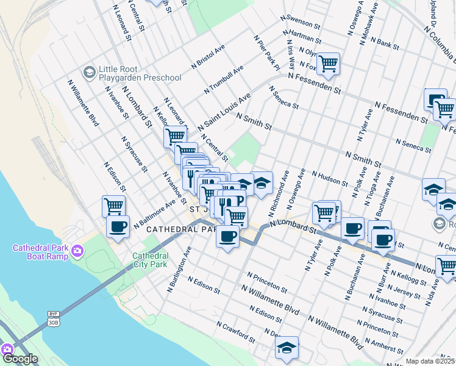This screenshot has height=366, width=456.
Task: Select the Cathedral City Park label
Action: coord(150,260)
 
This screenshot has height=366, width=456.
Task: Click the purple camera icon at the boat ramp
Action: coord(77,250)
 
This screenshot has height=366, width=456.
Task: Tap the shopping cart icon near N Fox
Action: coord(328,63)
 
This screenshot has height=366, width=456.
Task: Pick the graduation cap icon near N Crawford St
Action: coord(286,348)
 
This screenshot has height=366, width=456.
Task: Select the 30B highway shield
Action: coord(53,323)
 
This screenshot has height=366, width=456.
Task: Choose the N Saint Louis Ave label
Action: coord(224,111)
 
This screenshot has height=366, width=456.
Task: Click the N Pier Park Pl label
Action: coord(266,51)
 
